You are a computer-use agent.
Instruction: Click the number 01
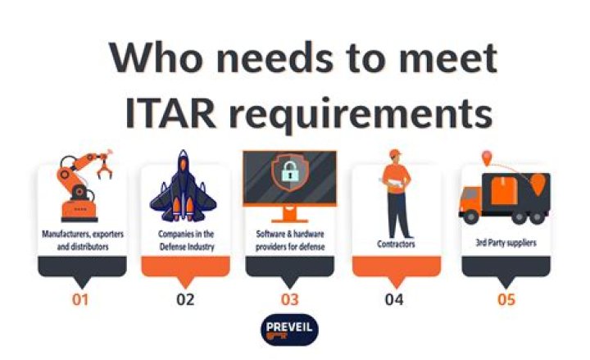coord(80,299)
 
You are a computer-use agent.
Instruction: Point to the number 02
coord(185,299)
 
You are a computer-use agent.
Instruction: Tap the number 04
coord(394,299)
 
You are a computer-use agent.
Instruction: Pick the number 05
coord(506,299)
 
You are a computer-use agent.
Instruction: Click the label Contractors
coord(396,244)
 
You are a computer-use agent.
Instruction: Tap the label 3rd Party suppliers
coord(506,244)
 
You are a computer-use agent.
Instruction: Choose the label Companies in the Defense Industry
coord(185,239)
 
